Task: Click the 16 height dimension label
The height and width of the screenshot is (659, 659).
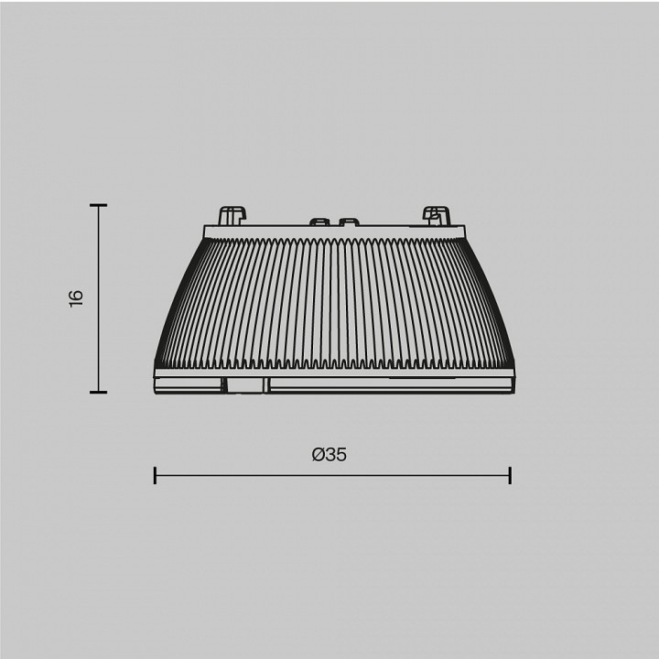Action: tap(76, 297)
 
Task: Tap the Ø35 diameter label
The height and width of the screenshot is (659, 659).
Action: tap(329, 454)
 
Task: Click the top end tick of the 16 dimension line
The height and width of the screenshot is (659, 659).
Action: tap(99, 206)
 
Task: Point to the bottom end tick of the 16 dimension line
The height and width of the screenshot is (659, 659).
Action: tap(99, 392)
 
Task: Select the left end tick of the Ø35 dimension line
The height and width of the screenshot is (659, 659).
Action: tap(155, 475)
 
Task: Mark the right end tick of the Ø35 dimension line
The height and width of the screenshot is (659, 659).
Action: tap(509, 475)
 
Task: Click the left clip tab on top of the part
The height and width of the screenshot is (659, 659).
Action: tap(231, 215)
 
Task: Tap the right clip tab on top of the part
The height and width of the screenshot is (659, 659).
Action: tap(436, 215)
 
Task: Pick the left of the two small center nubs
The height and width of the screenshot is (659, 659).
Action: tap(319, 221)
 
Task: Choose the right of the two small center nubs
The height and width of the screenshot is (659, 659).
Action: tap(348, 221)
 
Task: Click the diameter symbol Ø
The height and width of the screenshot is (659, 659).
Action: tap(318, 454)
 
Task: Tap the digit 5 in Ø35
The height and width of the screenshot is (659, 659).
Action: tap(341, 454)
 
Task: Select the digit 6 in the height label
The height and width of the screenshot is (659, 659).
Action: tap(76, 293)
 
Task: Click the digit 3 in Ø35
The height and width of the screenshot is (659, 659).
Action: tap(330, 454)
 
